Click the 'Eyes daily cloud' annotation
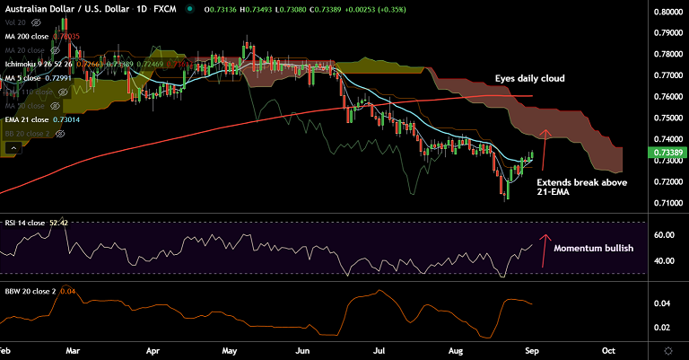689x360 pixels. [529, 79]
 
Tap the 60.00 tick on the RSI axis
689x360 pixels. [664, 235]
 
